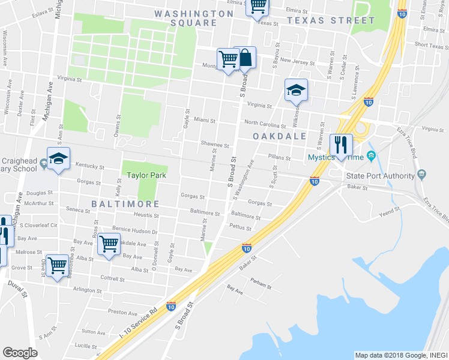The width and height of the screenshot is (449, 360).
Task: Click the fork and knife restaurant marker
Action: point(340,145)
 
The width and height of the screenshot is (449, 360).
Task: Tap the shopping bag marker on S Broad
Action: point(245,59)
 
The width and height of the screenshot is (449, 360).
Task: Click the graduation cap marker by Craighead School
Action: point(58,159)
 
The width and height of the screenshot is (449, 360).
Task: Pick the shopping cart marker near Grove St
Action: point(58,265)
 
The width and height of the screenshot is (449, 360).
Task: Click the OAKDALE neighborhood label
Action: point(279,137)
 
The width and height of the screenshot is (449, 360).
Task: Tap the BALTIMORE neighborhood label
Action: point(125,204)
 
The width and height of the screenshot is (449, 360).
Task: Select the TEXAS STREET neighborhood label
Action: point(331,20)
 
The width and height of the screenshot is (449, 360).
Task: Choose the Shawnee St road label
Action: point(215,145)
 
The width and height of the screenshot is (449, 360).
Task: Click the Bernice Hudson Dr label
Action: point(134,231)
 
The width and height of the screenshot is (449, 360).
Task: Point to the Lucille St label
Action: point(86,346)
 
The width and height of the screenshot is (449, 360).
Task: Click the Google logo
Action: point(20,353)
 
